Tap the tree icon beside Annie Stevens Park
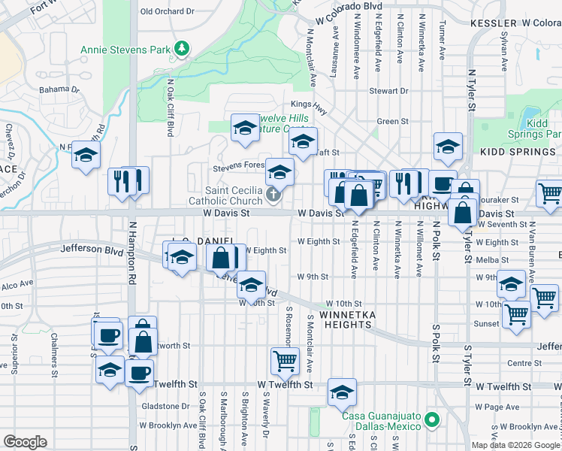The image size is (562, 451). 181,50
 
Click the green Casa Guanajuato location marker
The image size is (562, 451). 431,419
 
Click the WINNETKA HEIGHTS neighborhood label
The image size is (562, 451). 345,319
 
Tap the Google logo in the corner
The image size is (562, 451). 26,442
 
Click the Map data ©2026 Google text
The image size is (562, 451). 515,445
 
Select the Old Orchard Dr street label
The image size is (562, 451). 168,11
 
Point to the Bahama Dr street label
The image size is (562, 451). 59,89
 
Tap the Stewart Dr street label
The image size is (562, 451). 388,91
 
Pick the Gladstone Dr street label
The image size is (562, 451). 165,406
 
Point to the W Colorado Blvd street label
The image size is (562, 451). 349,5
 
